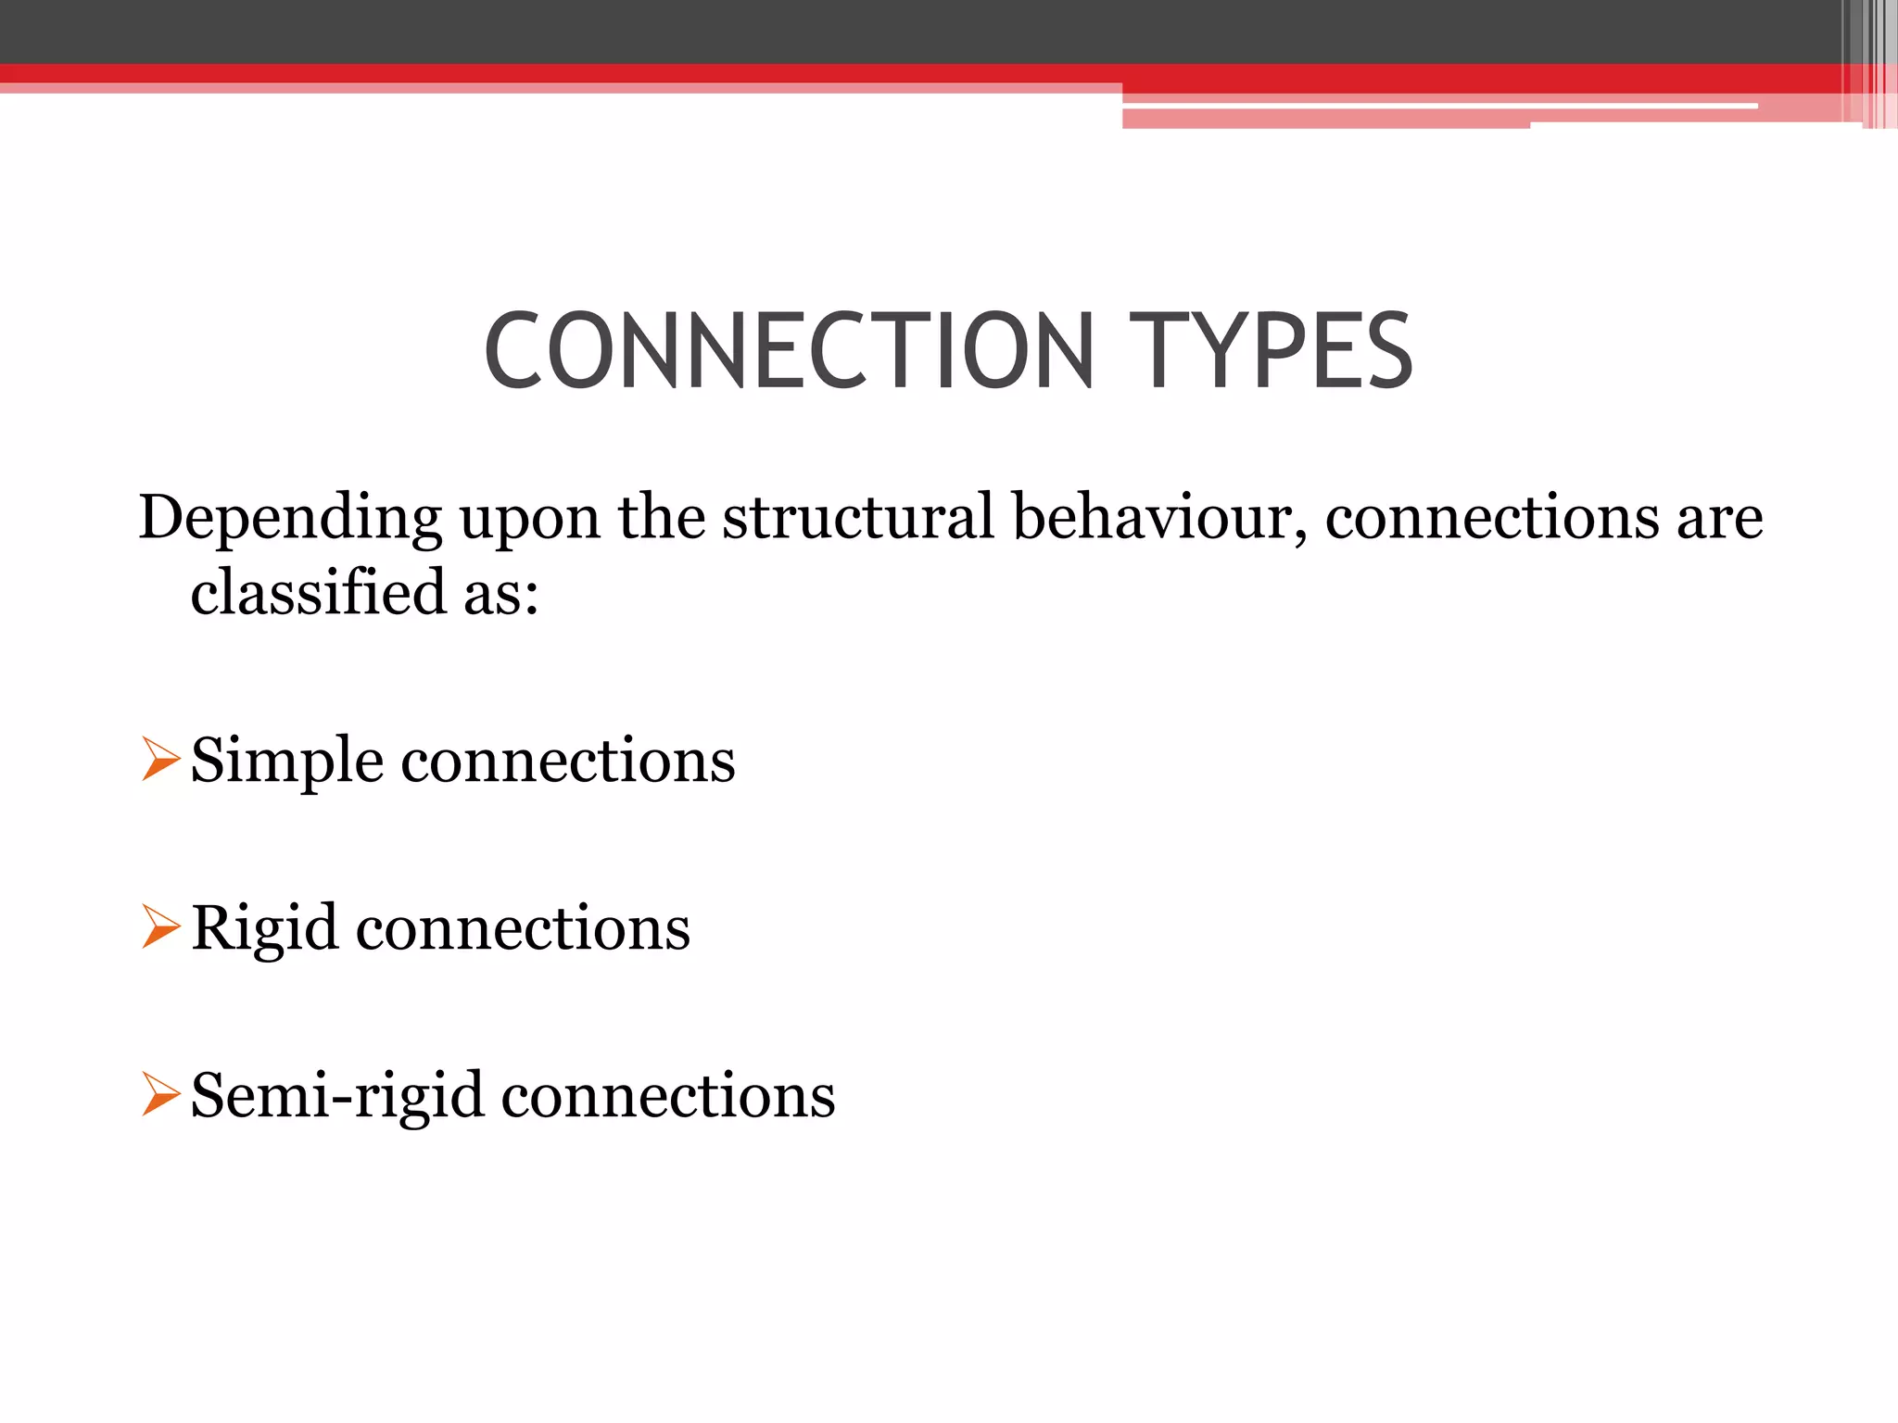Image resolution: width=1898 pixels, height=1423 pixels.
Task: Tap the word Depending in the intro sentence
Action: tap(290, 519)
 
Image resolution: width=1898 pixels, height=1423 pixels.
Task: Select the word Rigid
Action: tap(265, 929)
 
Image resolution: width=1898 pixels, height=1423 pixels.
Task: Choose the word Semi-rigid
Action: tap(337, 1097)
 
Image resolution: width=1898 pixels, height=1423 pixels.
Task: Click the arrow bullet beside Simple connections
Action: tap(160, 759)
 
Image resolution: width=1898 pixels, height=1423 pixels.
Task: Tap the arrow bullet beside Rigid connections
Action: tap(160, 926)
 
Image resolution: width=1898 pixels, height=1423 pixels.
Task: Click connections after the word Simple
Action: tap(568, 762)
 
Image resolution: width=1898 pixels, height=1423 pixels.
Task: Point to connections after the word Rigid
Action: tap(523, 929)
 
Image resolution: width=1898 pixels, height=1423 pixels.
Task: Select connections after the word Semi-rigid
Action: tap(668, 1097)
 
